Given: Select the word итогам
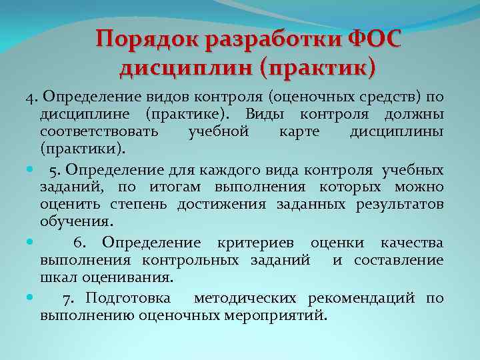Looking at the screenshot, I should pos(178,186).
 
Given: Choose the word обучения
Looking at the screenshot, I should pos(77,221).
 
